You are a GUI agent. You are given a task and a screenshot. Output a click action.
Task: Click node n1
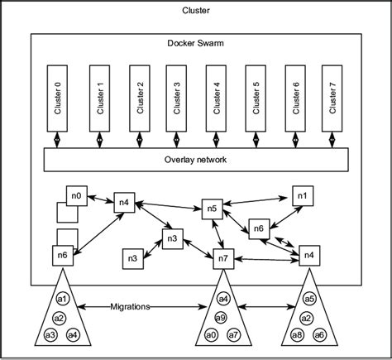(x=301, y=197)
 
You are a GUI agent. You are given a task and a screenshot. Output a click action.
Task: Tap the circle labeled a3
(x=50, y=335)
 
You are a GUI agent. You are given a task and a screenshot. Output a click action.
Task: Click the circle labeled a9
(x=221, y=317)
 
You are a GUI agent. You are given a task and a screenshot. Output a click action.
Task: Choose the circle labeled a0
(x=211, y=335)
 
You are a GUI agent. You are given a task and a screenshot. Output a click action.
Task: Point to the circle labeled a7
(x=232, y=335)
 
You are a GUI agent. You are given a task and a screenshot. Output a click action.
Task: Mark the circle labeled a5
(x=309, y=299)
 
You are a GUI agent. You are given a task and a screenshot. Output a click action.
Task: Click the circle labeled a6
(x=320, y=335)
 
